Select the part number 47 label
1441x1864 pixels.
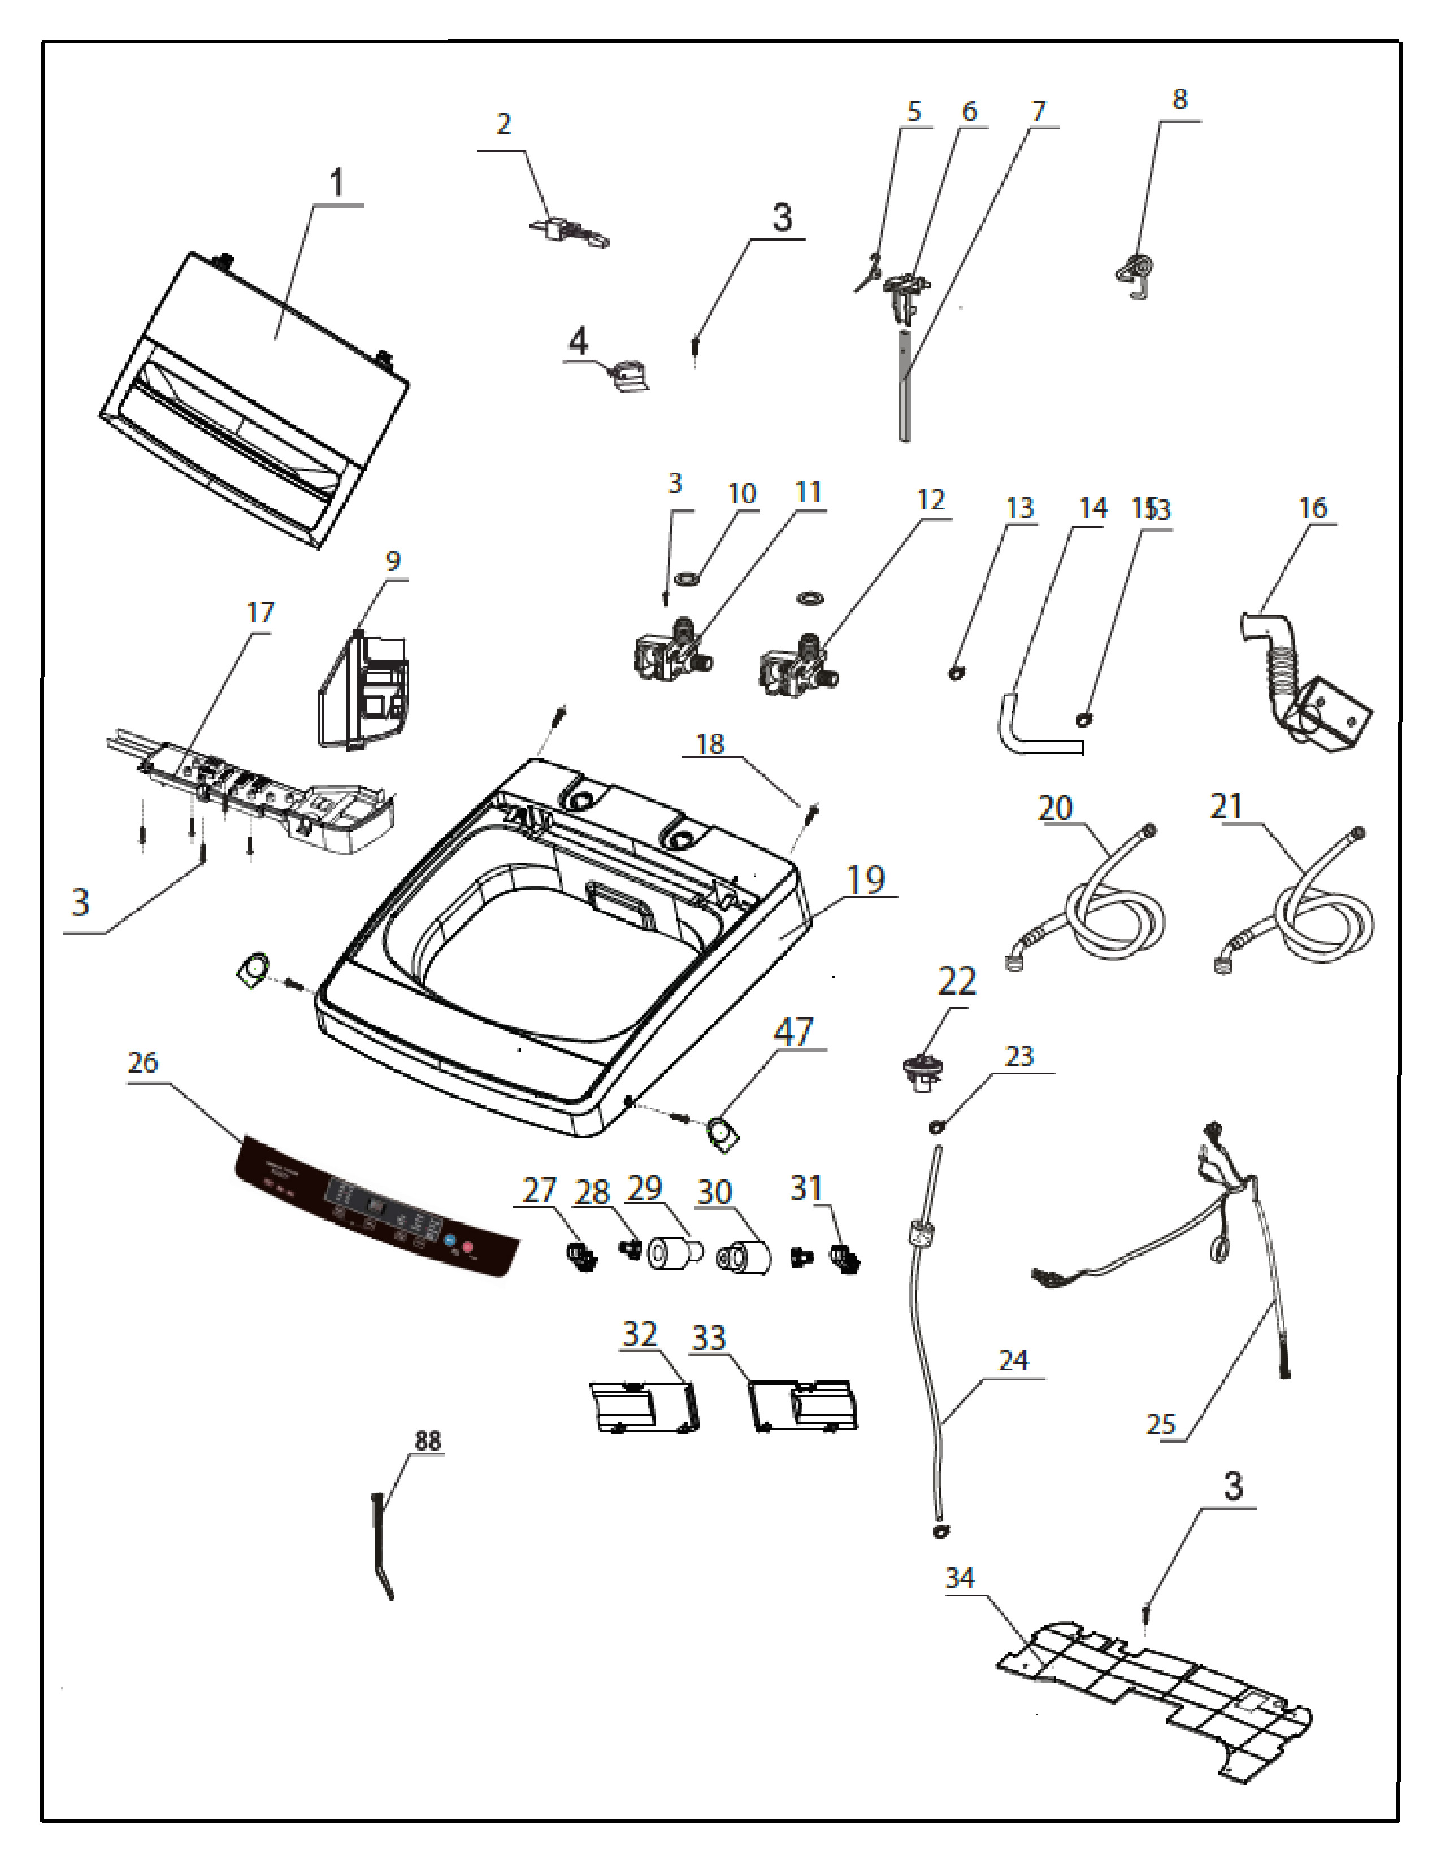pos(793,1032)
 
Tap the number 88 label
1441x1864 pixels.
pos(428,1441)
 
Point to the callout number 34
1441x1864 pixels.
pos(960,1578)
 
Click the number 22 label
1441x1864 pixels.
pos(956,982)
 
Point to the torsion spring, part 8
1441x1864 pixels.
pos(1135,273)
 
